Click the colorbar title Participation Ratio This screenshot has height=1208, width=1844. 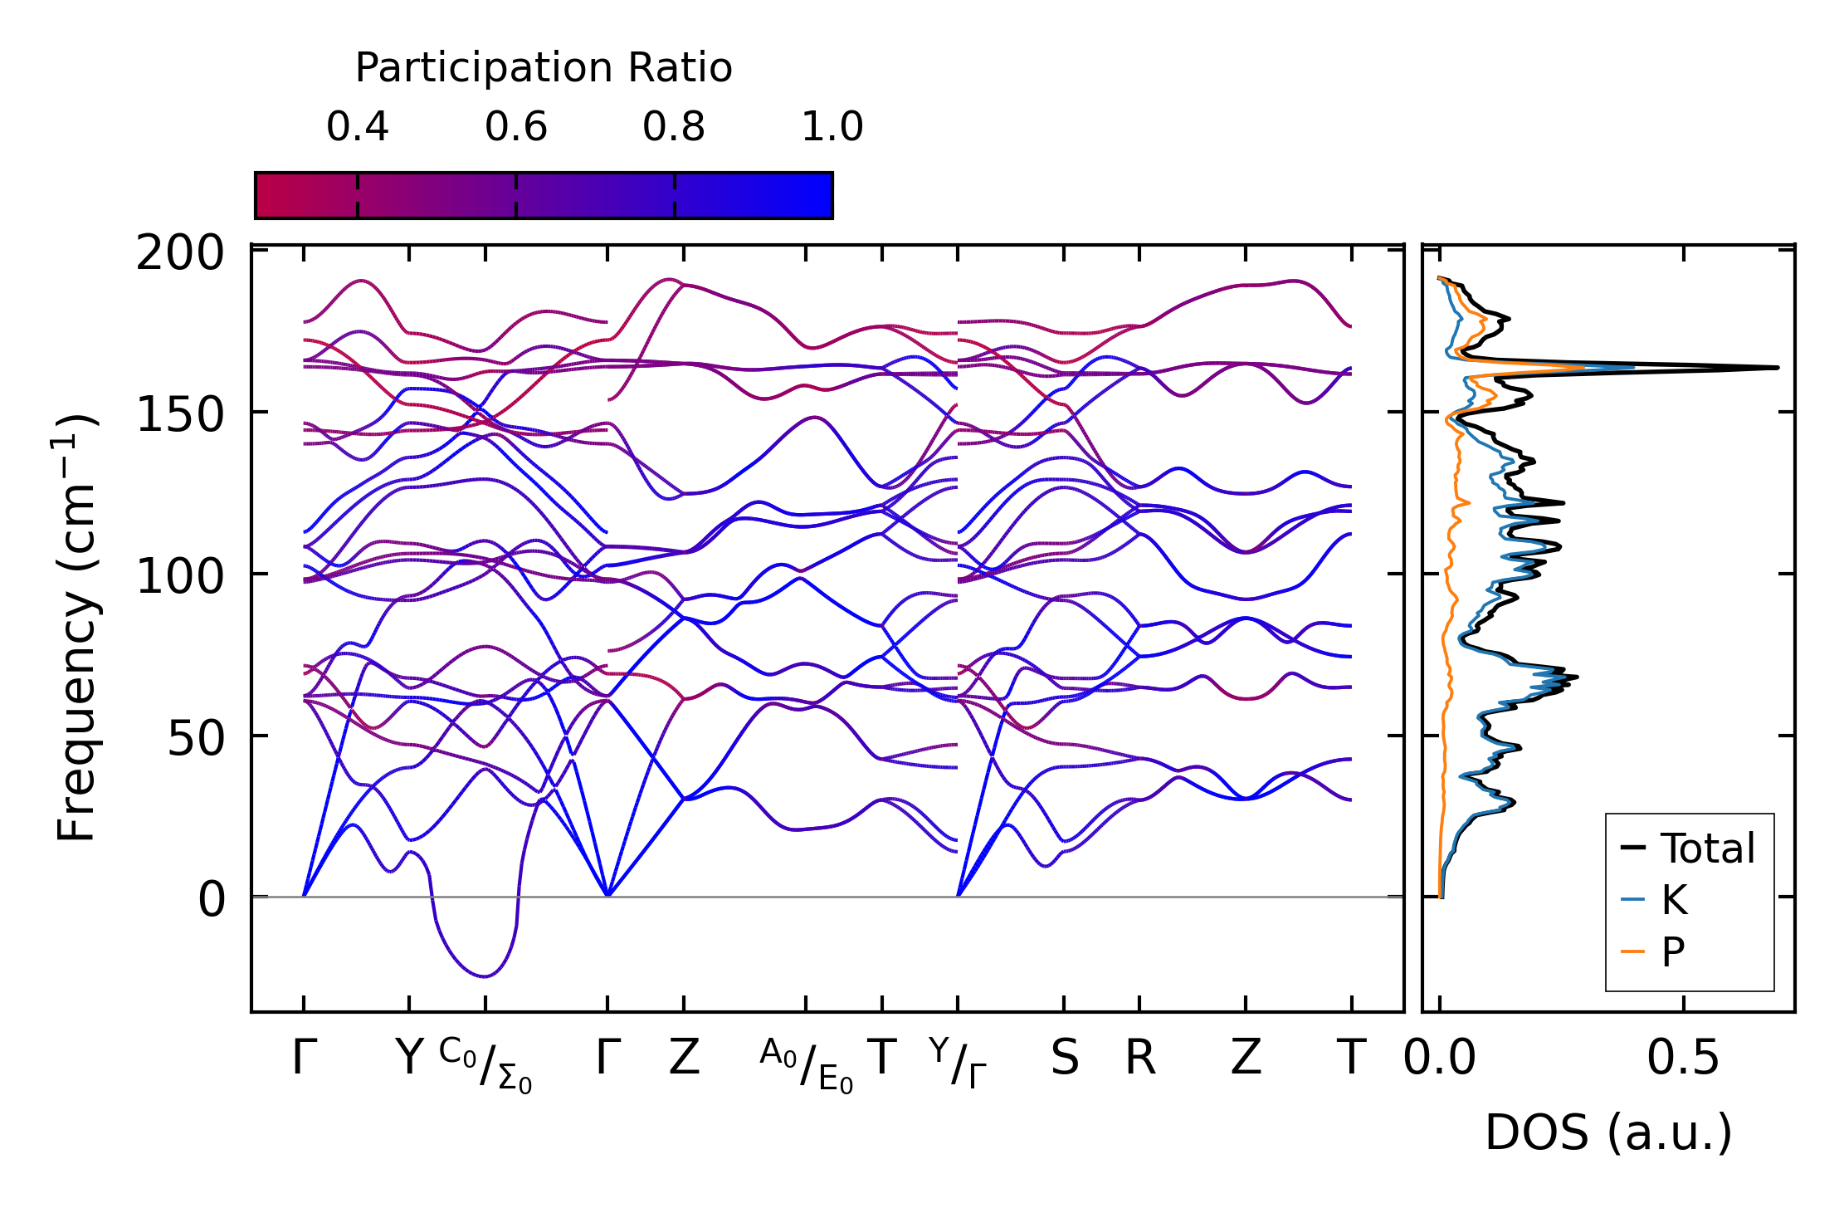point(544,68)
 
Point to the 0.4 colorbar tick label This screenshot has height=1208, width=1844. point(358,127)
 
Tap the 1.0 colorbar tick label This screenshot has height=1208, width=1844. point(832,127)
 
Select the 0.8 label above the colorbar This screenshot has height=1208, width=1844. point(674,127)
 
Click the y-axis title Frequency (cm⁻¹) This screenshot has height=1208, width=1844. point(76,628)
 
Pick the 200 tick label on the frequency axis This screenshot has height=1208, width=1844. point(180,253)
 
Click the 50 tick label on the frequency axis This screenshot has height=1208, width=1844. point(196,736)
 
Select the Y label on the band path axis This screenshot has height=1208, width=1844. point(409,1059)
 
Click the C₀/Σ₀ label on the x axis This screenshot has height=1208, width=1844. point(485,1065)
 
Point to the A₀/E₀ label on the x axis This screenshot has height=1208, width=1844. point(806,1065)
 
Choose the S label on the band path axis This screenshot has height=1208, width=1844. point(1065,1059)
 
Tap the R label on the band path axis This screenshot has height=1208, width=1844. point(1140,1059)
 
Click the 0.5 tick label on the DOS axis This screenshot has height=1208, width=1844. point(1683,1059)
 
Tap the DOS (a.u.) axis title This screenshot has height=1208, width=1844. point(1608,1133)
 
